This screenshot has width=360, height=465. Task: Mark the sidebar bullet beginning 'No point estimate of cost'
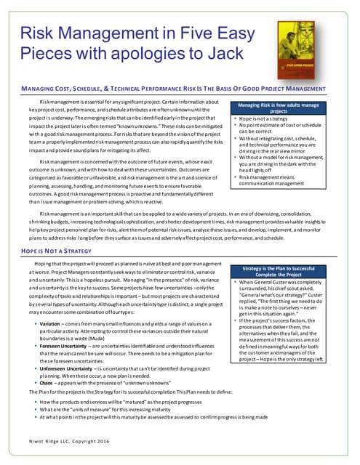pyautogui.click(x=287, y=130)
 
